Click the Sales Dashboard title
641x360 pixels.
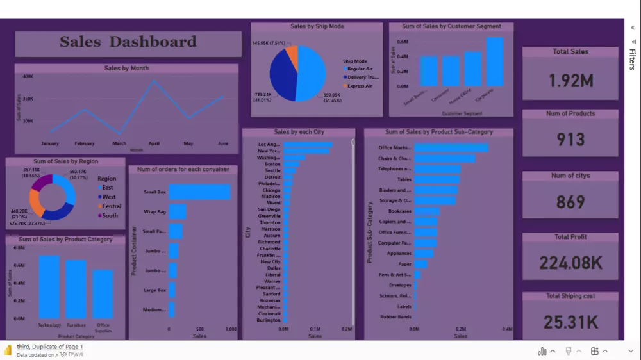(x=128, y=42)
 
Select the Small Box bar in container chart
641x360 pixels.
(x=199, y=192)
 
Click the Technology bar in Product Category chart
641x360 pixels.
(x=49, y=287)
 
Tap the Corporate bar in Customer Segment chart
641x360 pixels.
(x=494, y=61)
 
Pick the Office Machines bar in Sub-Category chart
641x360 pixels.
(x=451, y=148)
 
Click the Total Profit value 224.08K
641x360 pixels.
(x=570, y=263)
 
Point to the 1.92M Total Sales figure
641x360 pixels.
(x=570, y=81)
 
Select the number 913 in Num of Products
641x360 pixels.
(x=570, y=140)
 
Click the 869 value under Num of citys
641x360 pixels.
(x=570, y=202)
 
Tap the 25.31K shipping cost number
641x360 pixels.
(x=570, y=322)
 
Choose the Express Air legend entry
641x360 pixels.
(x=359, y=86)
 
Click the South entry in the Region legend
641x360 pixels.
(x=110, y=215)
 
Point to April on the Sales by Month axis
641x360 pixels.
(x=154, y=143)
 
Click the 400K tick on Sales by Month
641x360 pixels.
(x=28, y=76)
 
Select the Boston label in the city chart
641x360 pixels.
(x=272, y=164)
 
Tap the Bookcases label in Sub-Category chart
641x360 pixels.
(x=399, y=211)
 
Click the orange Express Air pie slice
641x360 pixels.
(x=292, y=57)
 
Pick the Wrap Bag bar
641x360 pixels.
(x=177, y=211)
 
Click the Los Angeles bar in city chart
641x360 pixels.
(x=308, y=145)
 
